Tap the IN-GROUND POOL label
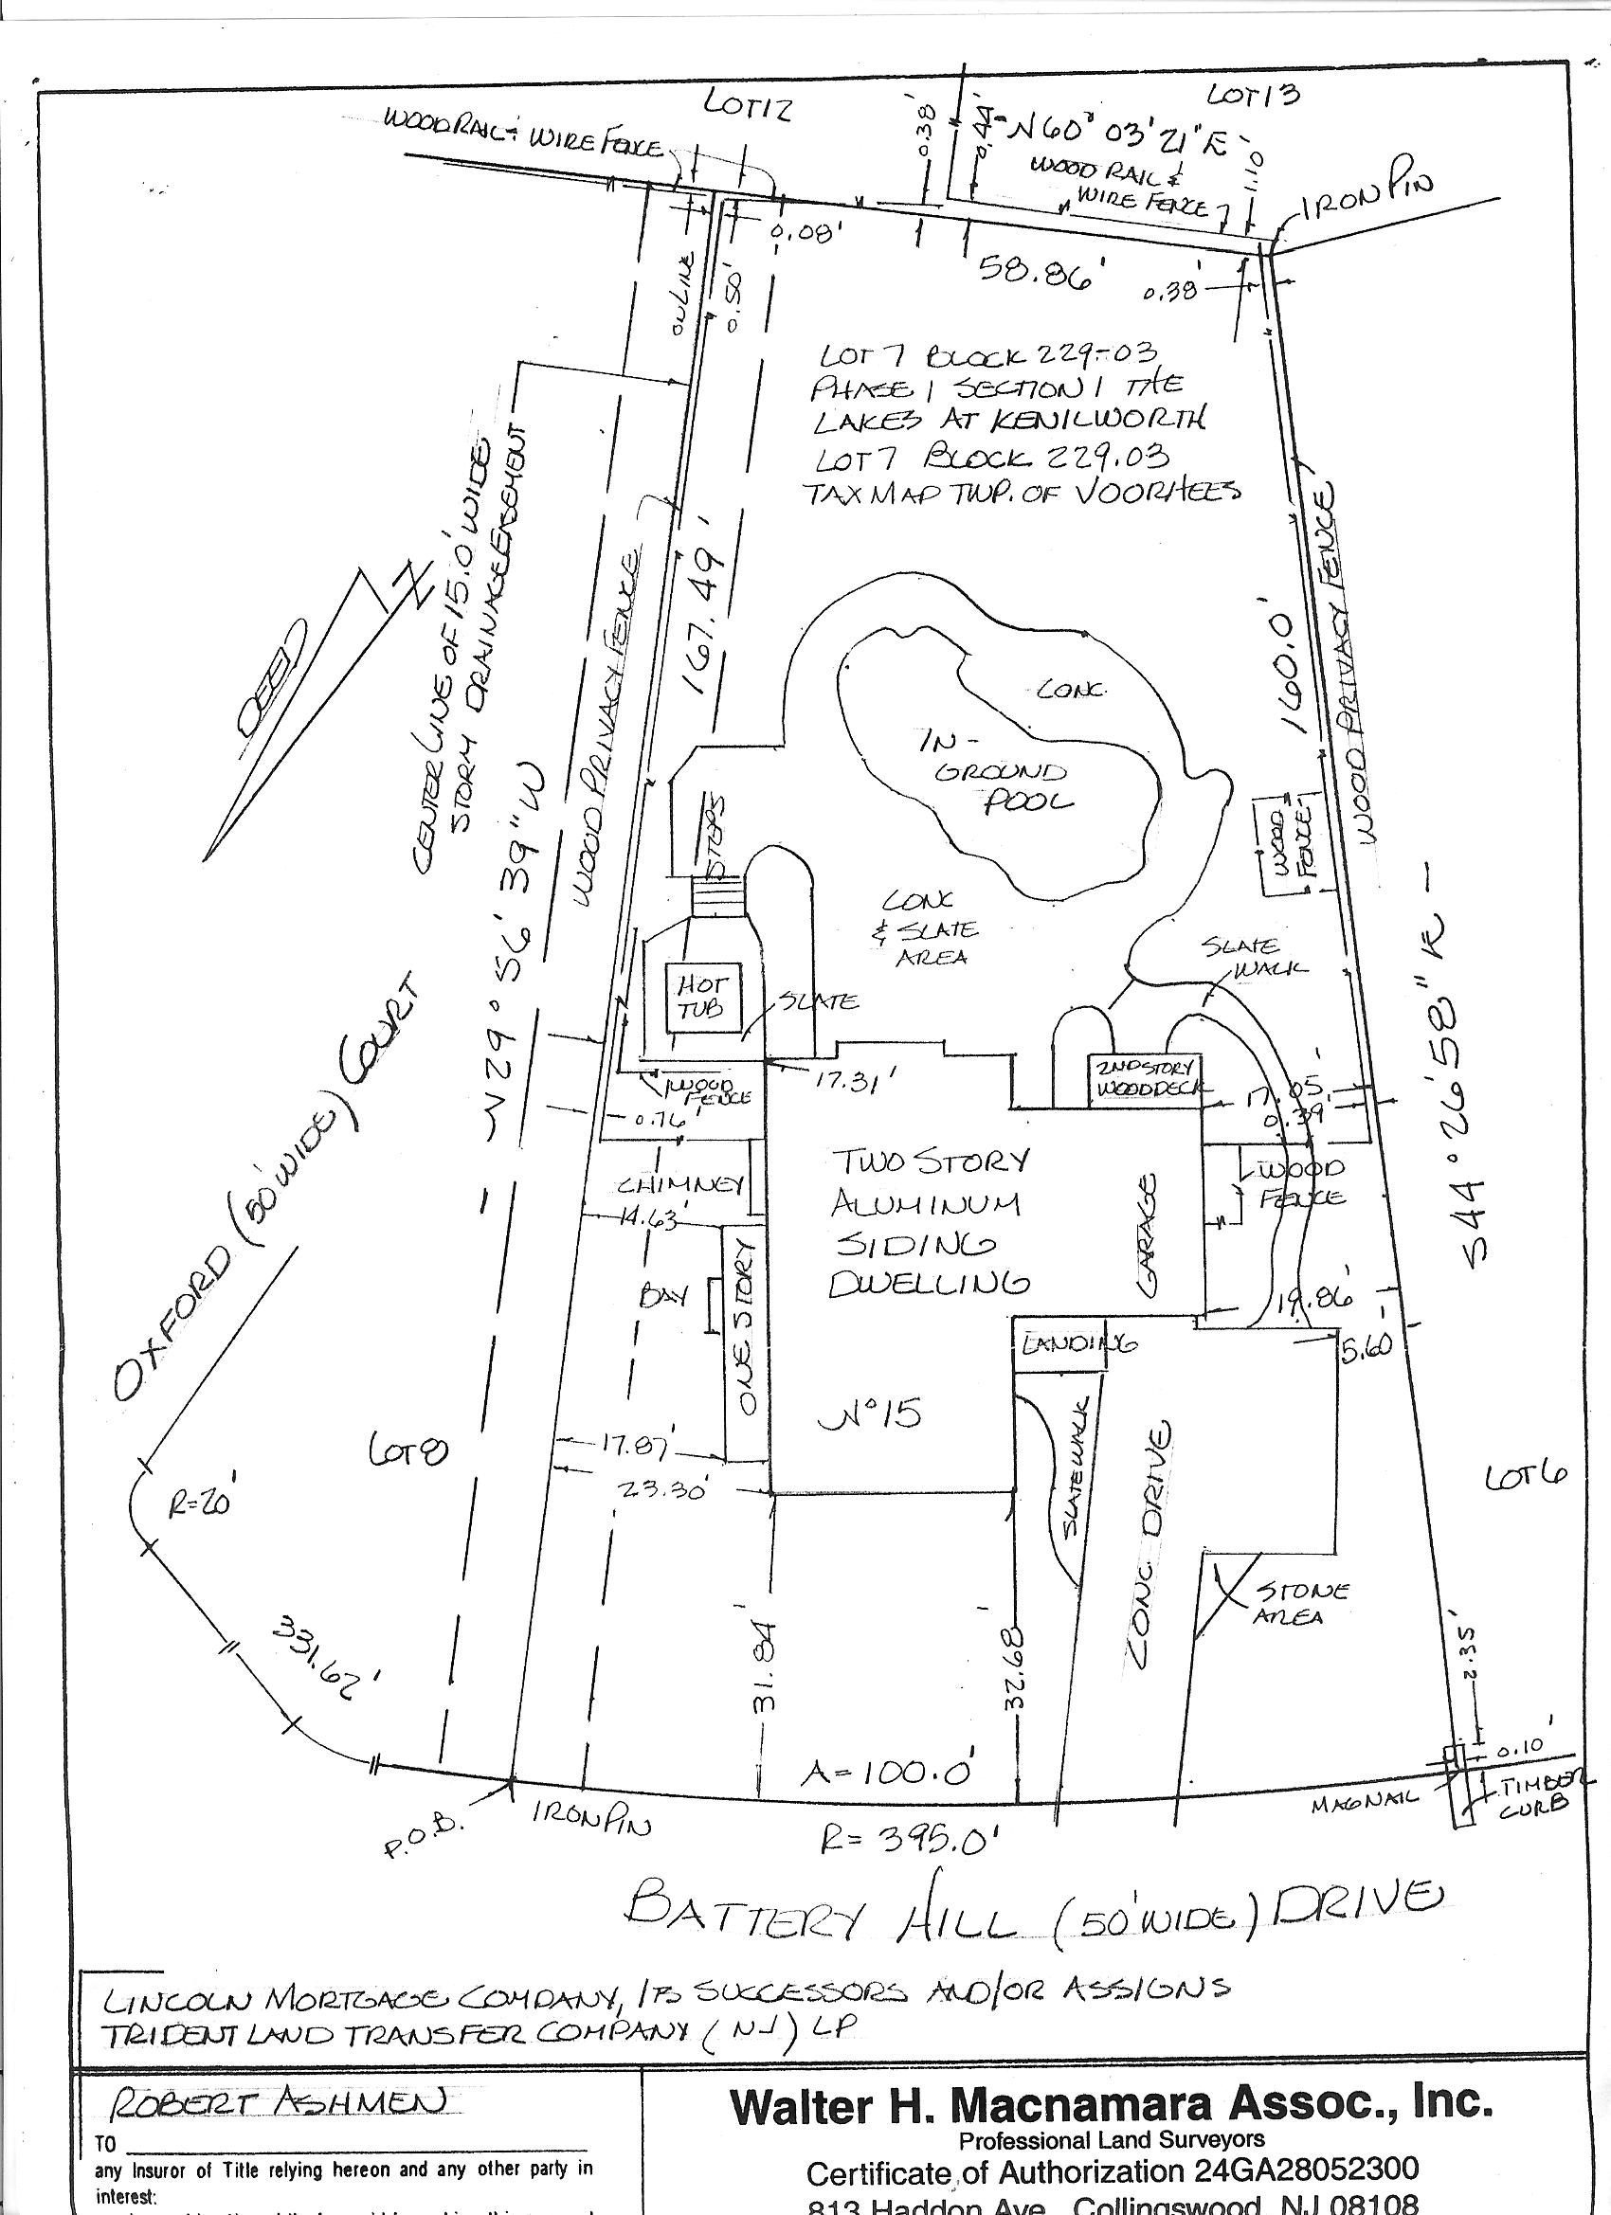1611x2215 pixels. click(1001, 770)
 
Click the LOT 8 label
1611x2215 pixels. click(408, 1454)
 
